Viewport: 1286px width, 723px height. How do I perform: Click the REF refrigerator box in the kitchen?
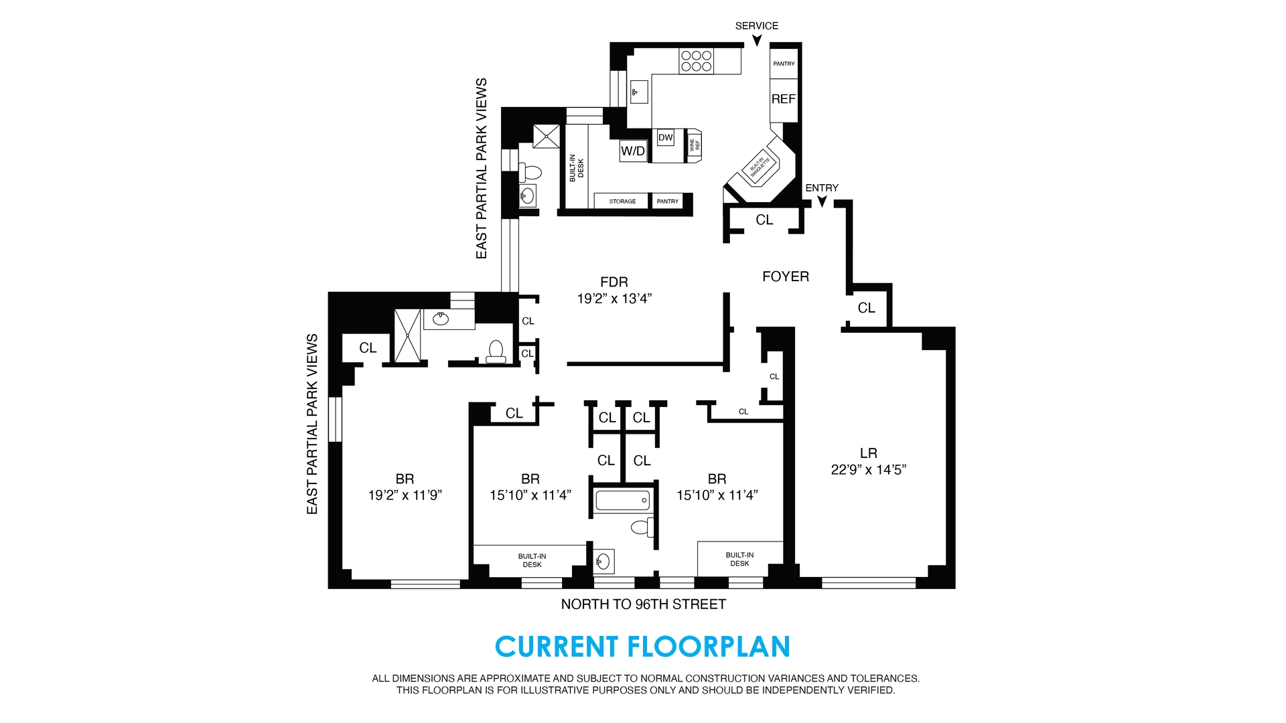coord(783,99)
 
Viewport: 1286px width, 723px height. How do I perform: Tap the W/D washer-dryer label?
coord(632,151)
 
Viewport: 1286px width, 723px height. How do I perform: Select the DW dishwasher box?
coord(665,138)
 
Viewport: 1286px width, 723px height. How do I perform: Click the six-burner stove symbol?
coord(697,61)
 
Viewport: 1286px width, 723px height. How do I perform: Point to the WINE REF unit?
coord(694,145)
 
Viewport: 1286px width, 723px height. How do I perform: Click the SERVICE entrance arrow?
coord(757,41)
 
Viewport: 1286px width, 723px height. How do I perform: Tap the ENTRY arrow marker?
coord(822,201)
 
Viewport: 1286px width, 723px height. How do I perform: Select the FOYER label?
coord(786,276)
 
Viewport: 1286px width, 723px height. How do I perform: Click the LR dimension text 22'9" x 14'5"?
coord(868,470)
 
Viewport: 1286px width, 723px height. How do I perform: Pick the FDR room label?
coord(614,283)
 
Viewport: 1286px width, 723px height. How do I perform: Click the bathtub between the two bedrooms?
coord(622,500)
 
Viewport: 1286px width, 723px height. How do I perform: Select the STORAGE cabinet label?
coord(622,202)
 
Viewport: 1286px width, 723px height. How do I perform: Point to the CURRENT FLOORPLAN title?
coord(642,647)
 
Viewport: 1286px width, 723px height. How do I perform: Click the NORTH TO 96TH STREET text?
coord(643,605)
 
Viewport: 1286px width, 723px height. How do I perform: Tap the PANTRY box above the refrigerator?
coord(784,64)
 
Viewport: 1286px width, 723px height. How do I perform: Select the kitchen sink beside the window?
coord(638,92)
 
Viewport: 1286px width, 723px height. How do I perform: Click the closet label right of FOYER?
coord(866,308)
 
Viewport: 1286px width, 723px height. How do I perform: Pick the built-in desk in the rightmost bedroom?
coord(739,559)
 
